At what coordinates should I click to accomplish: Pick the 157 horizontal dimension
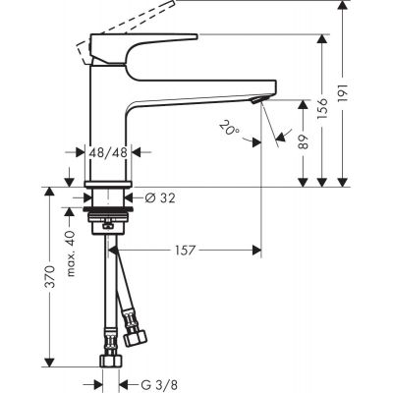pos(185,251)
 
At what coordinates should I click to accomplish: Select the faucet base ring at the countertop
pos(108,184)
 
